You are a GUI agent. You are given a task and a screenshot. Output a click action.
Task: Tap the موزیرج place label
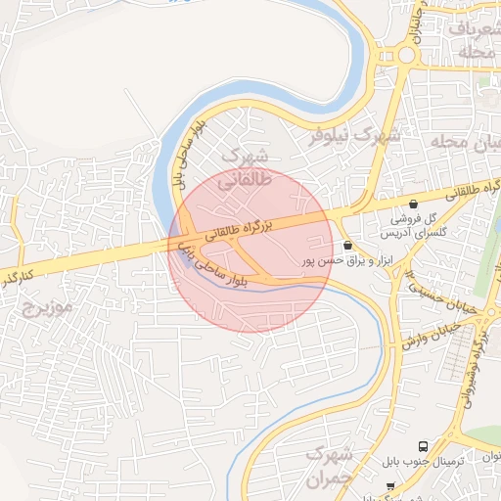45,308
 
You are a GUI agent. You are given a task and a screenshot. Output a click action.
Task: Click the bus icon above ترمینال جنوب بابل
423,445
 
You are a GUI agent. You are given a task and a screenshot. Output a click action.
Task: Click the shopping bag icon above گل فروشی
414,205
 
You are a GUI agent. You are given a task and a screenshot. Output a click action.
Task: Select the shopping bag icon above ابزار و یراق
349,245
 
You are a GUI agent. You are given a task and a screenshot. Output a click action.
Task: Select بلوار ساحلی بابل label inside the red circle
217,265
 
